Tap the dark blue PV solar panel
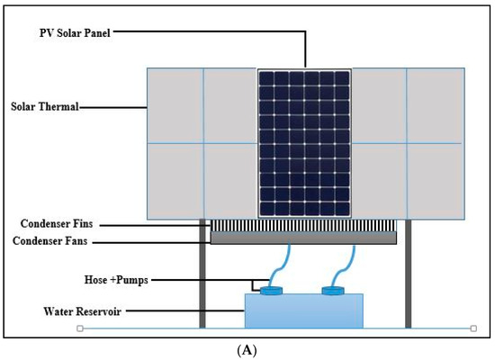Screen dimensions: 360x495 coord(304,143)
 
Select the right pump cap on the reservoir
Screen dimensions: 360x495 coord(335,292)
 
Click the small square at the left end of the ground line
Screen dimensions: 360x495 coord(81,328)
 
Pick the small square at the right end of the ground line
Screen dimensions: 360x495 coord(474,328)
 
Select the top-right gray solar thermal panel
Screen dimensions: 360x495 coord(436,105)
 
